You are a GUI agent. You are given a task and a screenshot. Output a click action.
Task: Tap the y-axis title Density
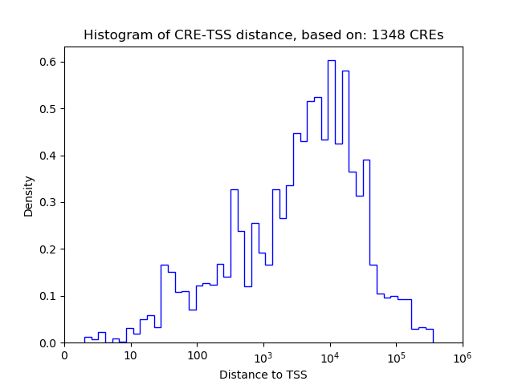29,196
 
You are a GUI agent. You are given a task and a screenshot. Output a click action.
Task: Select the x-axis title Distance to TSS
263,375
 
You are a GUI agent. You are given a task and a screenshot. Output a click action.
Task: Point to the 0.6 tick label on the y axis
49,62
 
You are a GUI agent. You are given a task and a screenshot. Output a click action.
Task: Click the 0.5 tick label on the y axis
49,109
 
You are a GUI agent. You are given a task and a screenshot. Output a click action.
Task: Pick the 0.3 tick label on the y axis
49,202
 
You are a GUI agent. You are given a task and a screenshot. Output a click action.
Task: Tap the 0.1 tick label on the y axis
49,296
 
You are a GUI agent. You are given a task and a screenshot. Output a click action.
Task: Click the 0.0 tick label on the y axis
49,343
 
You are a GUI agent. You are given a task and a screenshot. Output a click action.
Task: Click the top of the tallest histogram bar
331,60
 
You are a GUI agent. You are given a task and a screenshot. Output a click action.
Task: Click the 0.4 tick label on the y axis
49,156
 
